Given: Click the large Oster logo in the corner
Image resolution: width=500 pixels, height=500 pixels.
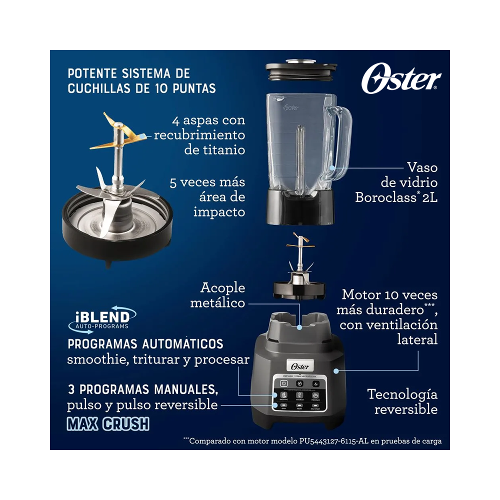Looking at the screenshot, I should pyautogui.click(x=401, y=79).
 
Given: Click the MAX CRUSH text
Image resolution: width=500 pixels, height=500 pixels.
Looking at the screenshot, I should pyautogui.click(x=108, y=423).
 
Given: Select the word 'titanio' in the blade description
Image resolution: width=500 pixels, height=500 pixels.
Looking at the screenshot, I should pyautogui.click(x=214, y=149).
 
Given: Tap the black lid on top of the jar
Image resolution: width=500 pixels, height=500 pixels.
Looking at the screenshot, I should pyautogui.click(x=300, y=70).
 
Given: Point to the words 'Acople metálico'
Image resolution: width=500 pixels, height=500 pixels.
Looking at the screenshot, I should pyautogui.click(x=223, y=295).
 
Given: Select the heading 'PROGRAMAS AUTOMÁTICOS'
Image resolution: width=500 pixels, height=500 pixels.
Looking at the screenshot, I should pyautogui.click(x=145, y=344).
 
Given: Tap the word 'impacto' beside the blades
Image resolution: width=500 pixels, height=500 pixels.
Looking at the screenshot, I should pyautogui.click(x=219, y=211).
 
